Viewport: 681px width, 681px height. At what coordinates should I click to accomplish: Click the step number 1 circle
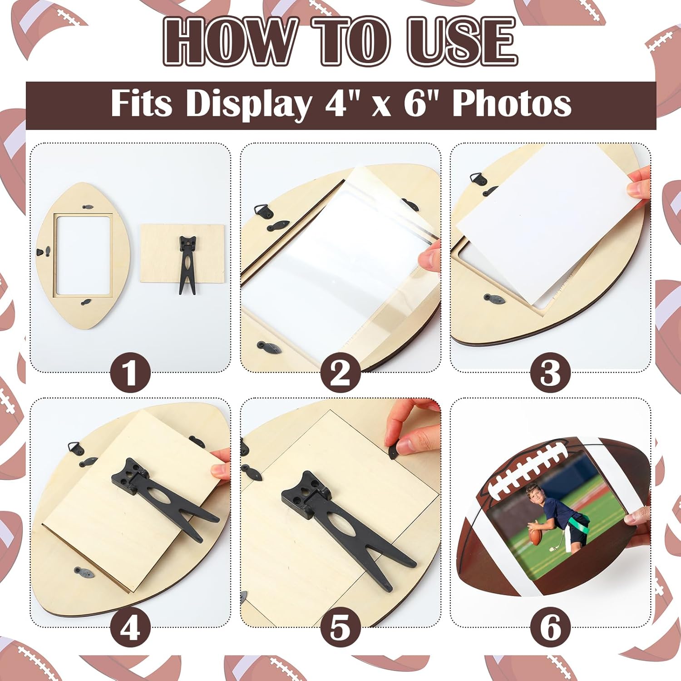point(130,373)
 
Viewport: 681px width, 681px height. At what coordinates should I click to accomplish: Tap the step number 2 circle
point(340,373)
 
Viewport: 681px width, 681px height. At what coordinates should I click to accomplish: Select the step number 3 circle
point(550,373)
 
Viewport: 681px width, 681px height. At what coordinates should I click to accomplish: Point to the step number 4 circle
point(130,628)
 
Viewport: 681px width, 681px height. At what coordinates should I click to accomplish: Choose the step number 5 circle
point(340,628)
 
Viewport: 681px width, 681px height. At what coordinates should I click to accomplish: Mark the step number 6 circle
point(550,628)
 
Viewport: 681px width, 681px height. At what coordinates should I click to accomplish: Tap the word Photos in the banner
point(512,104)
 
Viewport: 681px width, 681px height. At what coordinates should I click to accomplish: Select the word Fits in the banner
point(141,104)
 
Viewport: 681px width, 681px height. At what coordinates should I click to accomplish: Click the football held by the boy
point(536,538)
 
